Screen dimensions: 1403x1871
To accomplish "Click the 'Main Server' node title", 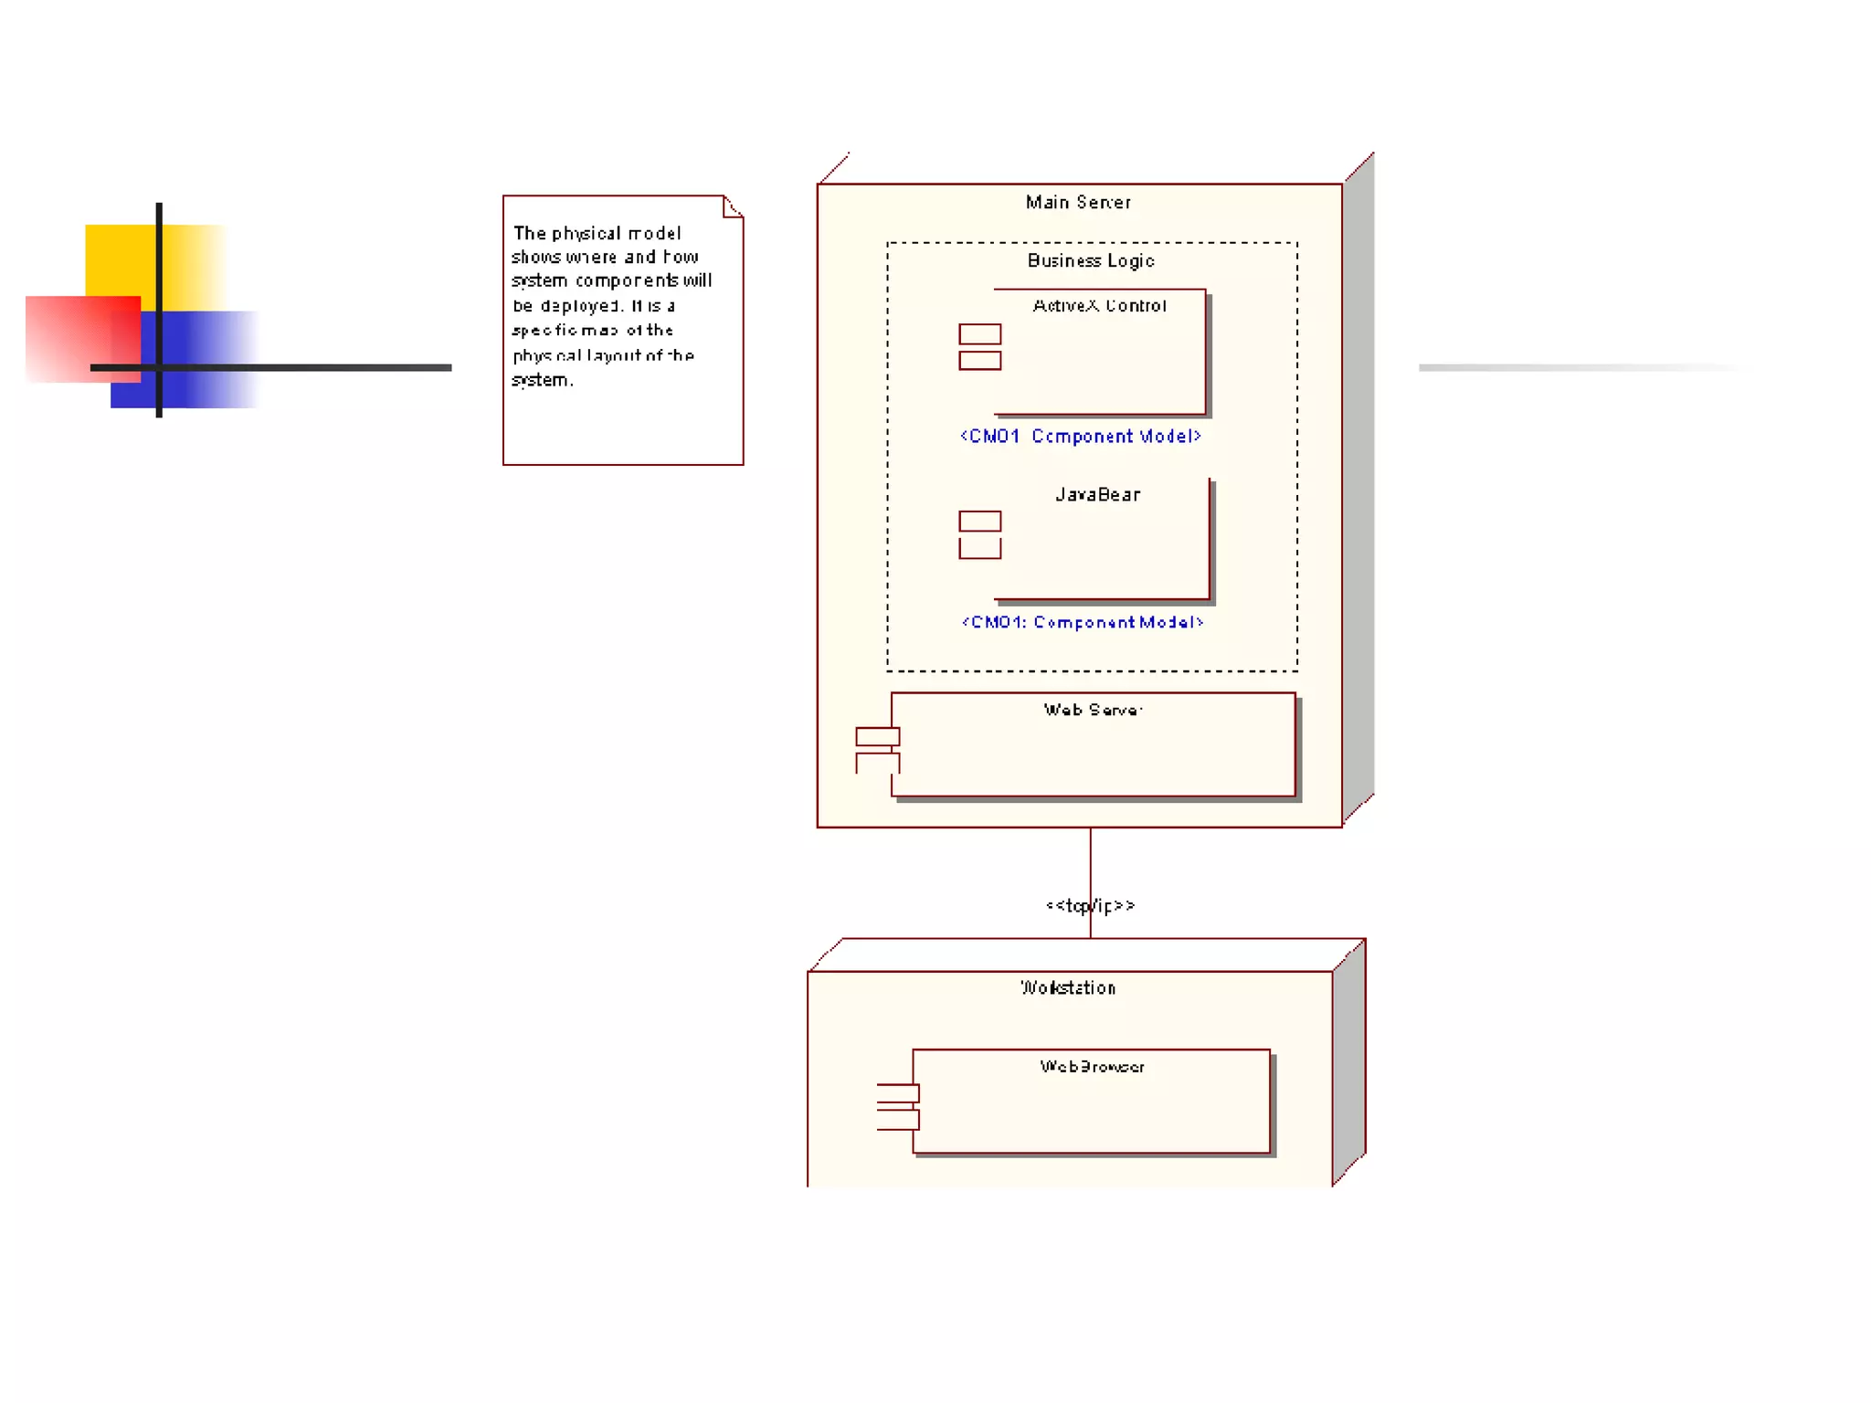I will [1078, 202].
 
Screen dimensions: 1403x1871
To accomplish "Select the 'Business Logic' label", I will [1091, 261].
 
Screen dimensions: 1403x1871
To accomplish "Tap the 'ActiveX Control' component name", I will [1099, 306].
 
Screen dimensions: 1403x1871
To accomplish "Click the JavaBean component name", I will [1097, 495].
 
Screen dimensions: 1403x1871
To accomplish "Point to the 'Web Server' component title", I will [1093, 710].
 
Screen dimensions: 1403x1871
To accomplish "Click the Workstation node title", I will [1068, 987].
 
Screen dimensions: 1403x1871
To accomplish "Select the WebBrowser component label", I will [1092, 1067].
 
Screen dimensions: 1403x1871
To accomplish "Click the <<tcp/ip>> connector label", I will [1090, 905].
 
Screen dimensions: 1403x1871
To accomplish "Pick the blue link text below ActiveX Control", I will [1080, 437].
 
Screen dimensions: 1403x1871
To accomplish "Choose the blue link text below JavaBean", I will [1083, 623].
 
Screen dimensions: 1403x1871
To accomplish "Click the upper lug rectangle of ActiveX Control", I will [979, 333].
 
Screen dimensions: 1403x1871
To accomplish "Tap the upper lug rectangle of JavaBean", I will [979, 521].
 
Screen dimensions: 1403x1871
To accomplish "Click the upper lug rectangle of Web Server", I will [877, 736].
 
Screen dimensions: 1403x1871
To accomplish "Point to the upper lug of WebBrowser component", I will [898, 1093].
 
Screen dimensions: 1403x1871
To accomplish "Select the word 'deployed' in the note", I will [581, 306].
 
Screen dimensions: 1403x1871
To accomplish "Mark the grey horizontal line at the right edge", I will [1580, 367].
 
